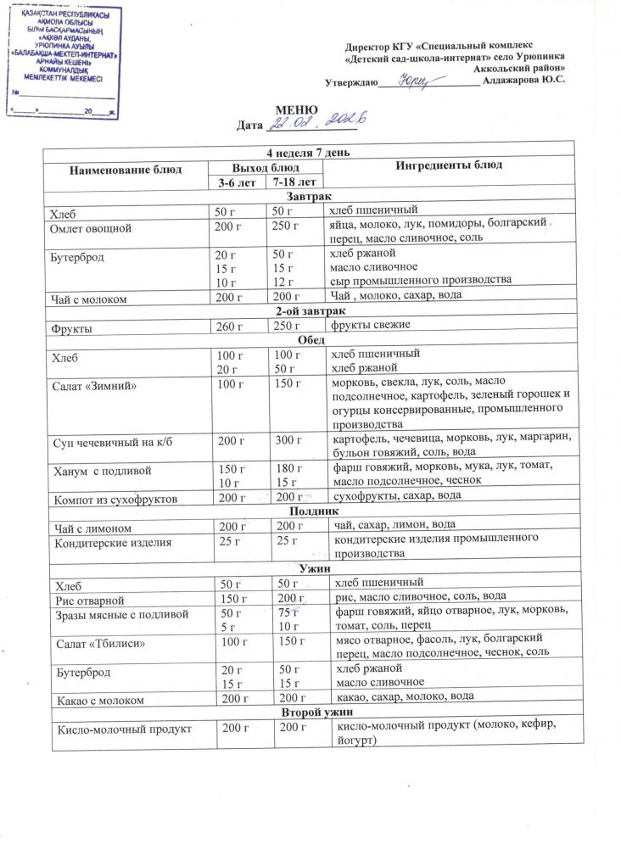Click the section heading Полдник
tap(314, 511)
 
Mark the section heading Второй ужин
tap(313, 713)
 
